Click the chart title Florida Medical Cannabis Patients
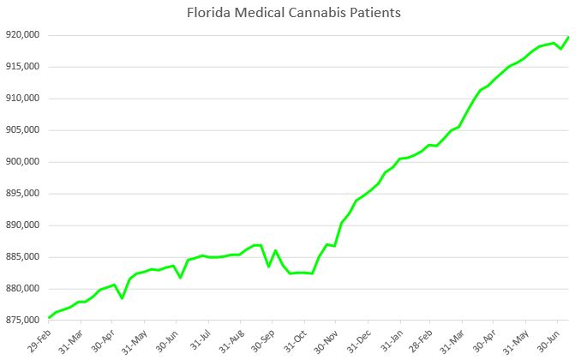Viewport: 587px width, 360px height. pos(292,14)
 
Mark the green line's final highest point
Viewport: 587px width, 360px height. pos(569,37)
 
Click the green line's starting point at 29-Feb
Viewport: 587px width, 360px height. pos(50,317)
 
